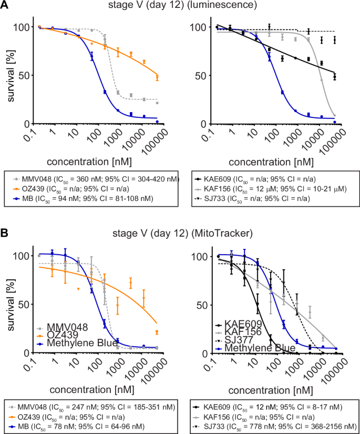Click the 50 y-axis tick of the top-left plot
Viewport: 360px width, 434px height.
23,75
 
